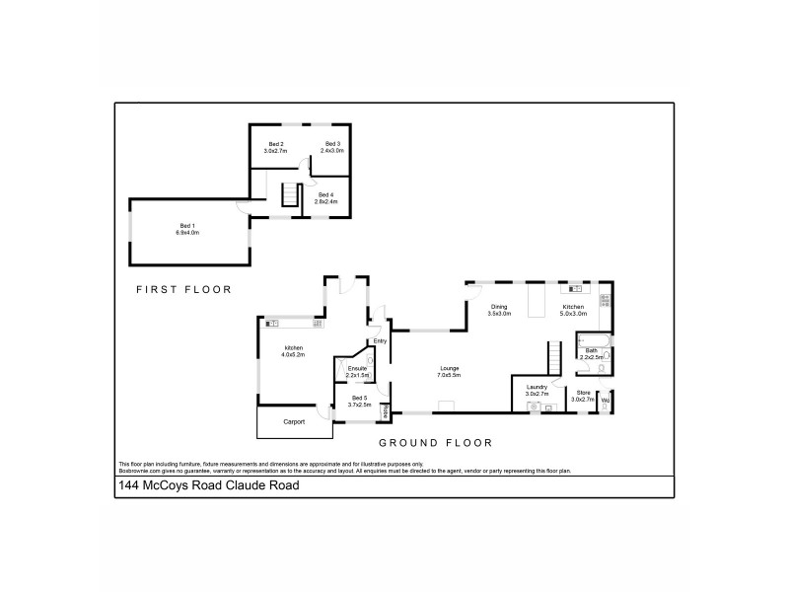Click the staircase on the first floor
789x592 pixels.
point(290,195)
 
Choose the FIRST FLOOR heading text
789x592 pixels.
point(183,290)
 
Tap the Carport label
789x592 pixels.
point(294,421)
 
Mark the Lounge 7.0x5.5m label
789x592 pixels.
point(450,372)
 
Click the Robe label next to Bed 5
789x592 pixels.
point(386,407)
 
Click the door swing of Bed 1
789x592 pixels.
point(244,207)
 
